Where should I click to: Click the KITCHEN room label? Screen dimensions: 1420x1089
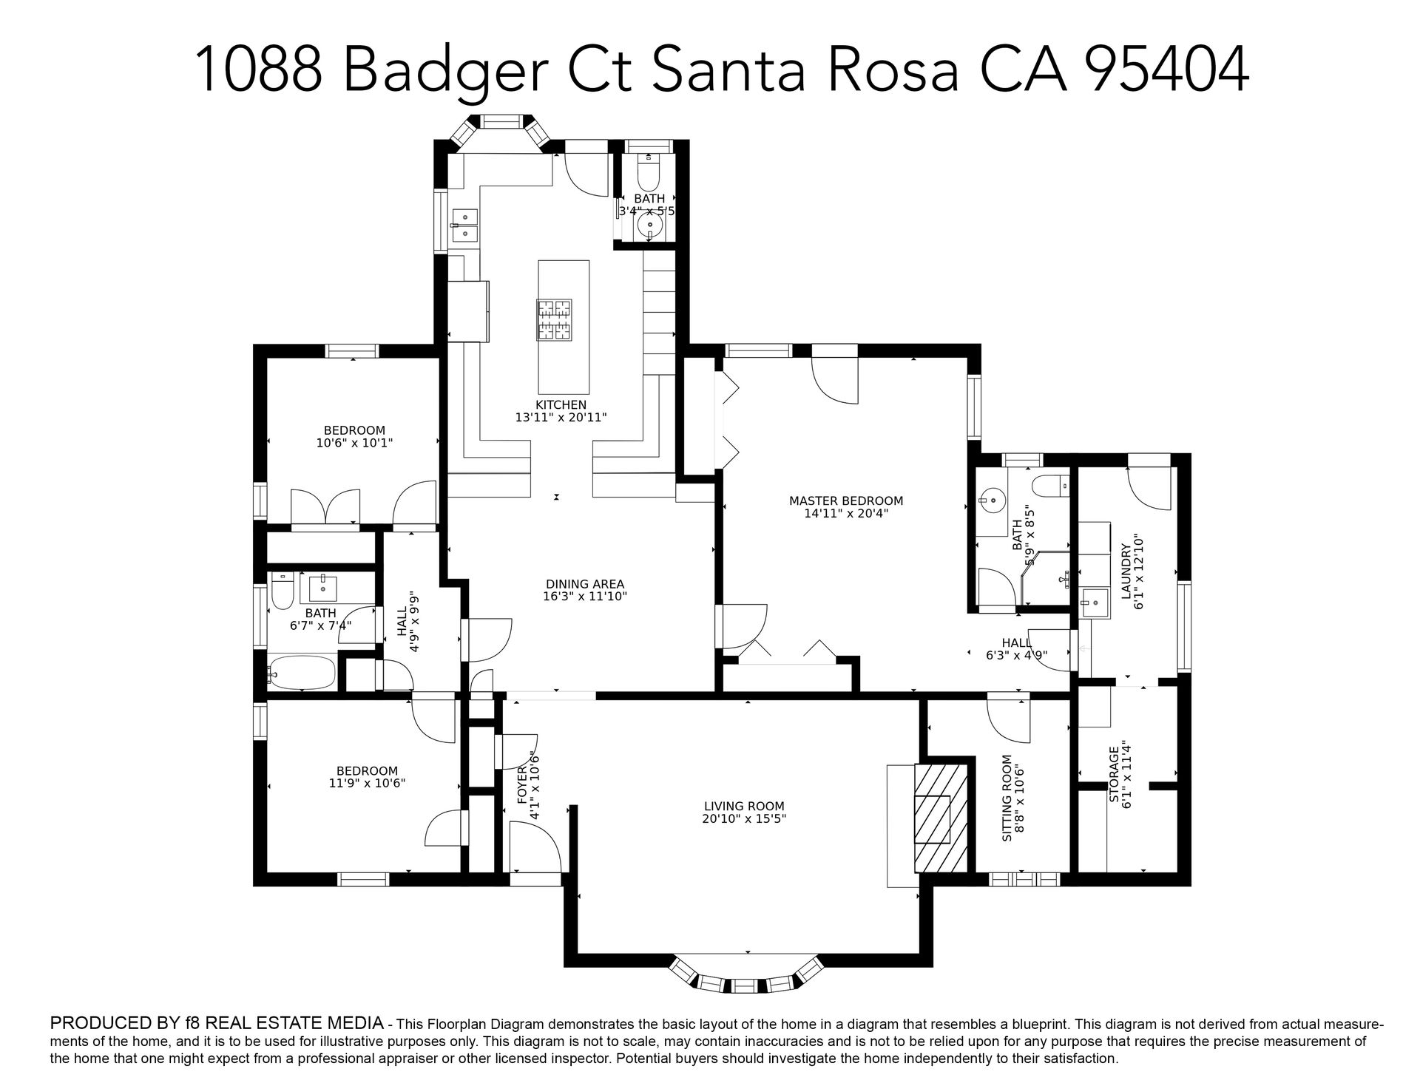[561, 405]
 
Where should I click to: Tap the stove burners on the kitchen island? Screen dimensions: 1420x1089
[555, 319]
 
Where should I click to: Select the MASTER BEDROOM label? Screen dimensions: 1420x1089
[846, 501]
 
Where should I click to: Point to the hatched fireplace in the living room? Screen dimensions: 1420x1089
[941, 819]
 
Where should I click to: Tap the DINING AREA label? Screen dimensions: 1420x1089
[585, 584]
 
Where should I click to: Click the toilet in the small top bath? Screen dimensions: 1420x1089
[649, 172]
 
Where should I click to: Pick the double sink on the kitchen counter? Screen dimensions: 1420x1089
[465, 225]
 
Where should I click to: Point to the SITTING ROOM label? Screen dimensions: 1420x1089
[1007, 798]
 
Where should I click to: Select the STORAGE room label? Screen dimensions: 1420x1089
[1114, 775]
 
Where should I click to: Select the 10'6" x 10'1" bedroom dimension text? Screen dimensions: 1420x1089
[354, 443]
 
